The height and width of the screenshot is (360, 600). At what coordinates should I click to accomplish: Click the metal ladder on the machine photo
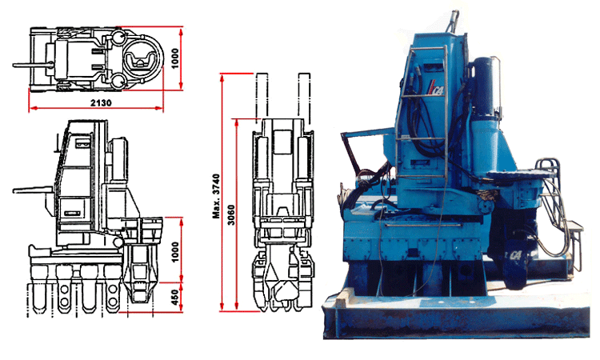coord(425,104)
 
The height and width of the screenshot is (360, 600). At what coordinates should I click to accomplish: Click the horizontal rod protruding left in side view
coord(32,191)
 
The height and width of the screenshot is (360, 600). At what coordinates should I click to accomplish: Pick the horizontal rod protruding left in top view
coord(29,62)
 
